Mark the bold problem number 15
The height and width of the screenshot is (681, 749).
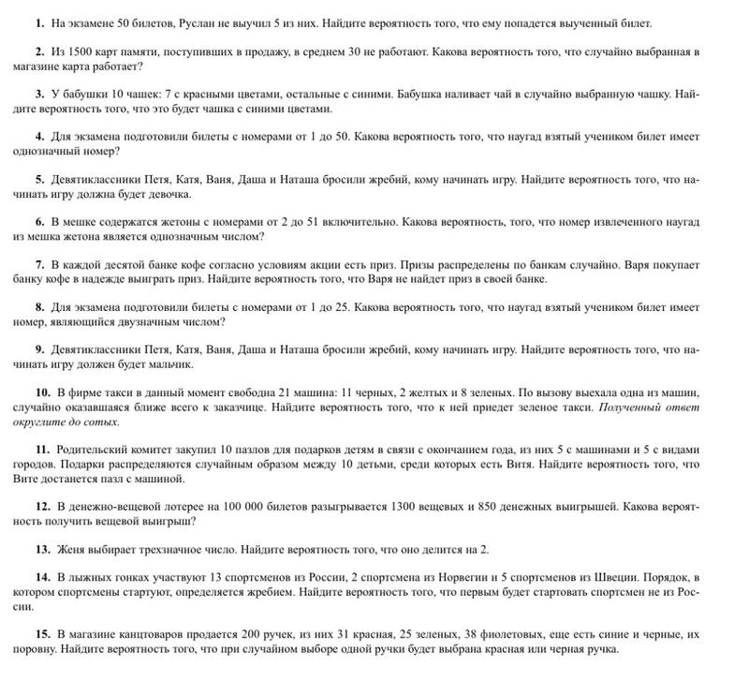click(40, 633)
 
